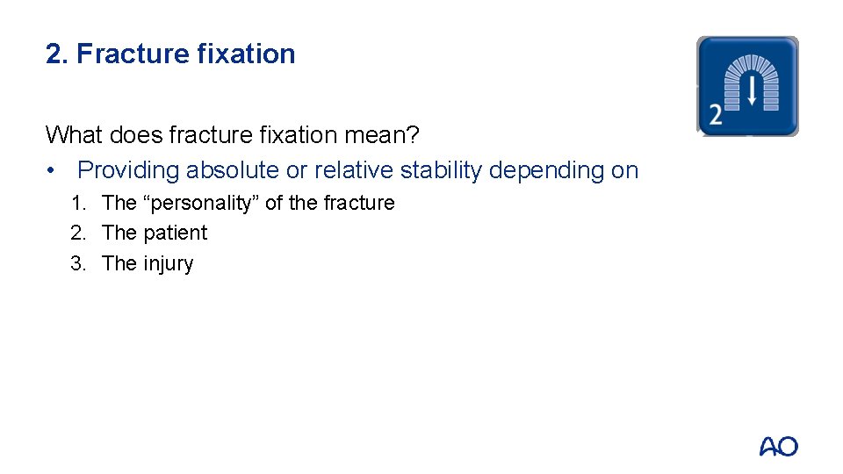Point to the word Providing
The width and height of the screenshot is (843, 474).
(128, 170)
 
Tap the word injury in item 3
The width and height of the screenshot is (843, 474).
(169, 264)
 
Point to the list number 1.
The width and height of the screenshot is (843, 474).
(78, 204)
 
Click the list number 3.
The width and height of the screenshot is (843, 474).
(78, 264)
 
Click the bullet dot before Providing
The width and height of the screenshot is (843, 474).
(54, 170)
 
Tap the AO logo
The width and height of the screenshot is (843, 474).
(779, 447)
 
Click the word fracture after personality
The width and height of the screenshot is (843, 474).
(359, 204)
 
